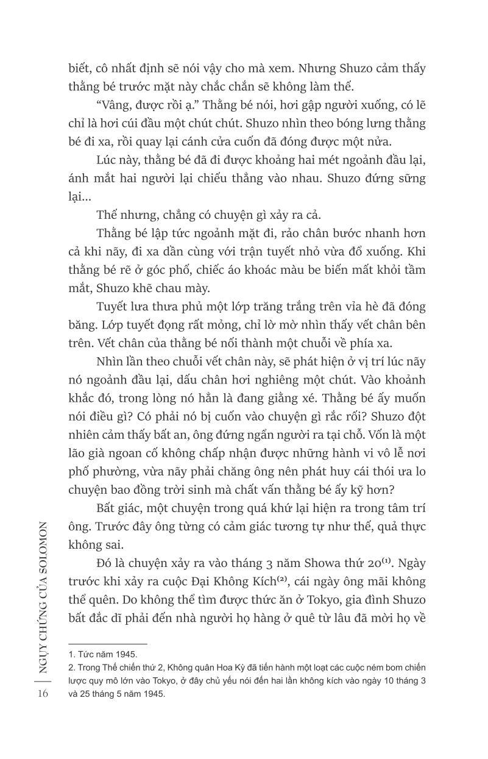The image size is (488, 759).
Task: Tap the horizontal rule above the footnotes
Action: point(108,644)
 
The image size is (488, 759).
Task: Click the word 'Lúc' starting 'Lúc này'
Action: point(108,160)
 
